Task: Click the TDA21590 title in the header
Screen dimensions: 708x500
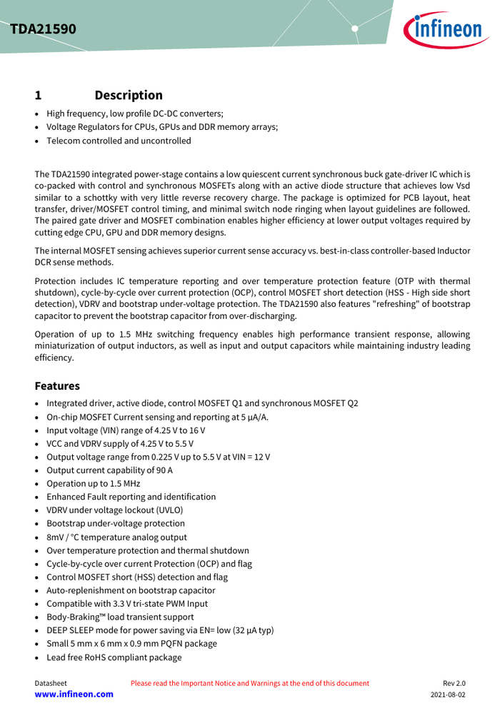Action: tap(44, 29)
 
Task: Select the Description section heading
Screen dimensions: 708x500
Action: tap(129, 95)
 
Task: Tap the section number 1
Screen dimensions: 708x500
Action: tap(39, 95)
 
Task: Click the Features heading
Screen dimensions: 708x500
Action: tap(57, 385)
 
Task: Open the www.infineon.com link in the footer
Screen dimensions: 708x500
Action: tap(74, 694)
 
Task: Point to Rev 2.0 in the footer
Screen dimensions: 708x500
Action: tap(454, 683)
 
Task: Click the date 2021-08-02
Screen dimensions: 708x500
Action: tap(448, 694)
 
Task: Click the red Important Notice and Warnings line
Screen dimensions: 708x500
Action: tap(250, 683)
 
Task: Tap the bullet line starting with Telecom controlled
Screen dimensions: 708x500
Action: tap(119, 141)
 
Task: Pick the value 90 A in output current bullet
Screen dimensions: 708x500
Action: tap(164, 470)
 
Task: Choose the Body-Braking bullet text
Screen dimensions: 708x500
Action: tap(120, 617)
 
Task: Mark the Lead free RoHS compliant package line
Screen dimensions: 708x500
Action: tap(114, 657)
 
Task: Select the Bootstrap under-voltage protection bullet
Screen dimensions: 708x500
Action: tap(116, 523)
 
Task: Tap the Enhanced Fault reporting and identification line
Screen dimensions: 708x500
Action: tap(131, 497)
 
